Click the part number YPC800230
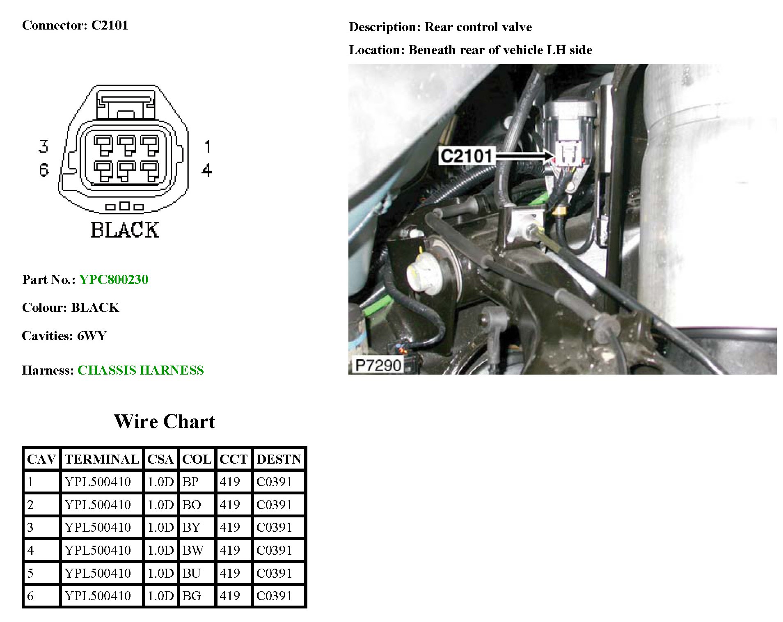pyautogui.click(x=114, y=279)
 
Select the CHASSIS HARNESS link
pyautogui.click(x=140, y=370)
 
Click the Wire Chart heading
pyautogui.click(x=164, y=421)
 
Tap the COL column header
pyautogui.click(x=197, y=459)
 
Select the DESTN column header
pyautogui.click(x=279, y=459)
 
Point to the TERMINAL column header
pyautogui.click(x=102, y=459)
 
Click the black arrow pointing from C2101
pyautogui.click(x=525, y=156)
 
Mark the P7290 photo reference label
pyautogui.click(x=378, y=365)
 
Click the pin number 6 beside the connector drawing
pyautogui.click(x=43, y=169)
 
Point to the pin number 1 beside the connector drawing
pyautogui.click(x=207, y=146)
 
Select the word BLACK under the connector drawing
pyautogui.click(x=125, y=230)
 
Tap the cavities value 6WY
pyautogui.click(x=92, y=336)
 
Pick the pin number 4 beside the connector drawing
pyautogui.click(x=207, y=170)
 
